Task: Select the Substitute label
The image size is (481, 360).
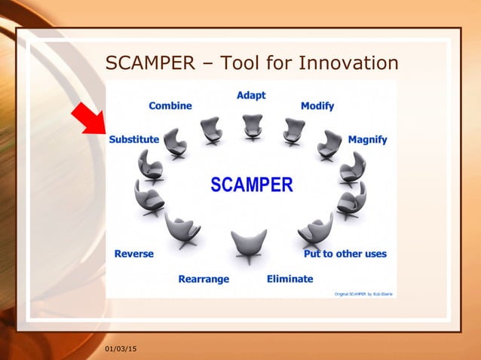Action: coord(133,139)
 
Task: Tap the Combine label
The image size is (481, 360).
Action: coord(170,106)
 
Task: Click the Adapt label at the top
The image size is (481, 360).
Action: coord(251,96)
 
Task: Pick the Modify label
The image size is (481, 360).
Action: coord(317,106)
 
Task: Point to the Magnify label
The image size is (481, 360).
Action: coord(367,139)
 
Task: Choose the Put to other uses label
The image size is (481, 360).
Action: coord(345,254)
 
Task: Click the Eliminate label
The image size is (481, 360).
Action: coord(290,279)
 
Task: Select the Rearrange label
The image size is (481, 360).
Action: coord(204,279)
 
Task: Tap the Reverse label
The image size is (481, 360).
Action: coord(133,254)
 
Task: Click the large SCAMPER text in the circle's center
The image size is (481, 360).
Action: coord(251,185)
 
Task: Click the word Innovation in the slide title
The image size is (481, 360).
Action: coord(348,62)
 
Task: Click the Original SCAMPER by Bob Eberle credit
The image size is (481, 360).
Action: coord(363,293)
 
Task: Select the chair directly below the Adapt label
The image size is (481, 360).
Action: coord(253,127)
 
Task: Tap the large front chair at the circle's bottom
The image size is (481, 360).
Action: coord(249,245)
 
